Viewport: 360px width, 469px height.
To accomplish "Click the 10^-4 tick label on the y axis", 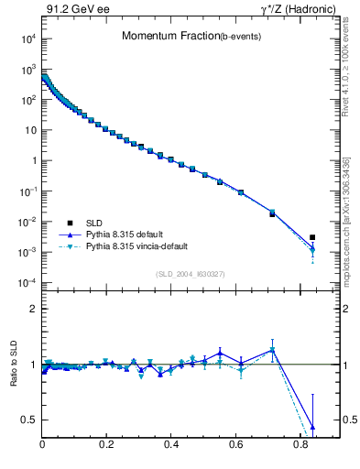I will click(x=27, y=282).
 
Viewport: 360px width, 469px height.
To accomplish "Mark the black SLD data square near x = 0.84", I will click(x=313, y=237).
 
